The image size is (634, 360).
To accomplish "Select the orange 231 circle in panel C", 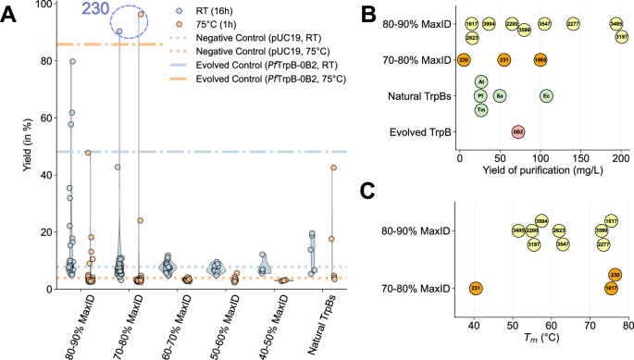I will click(476, 289).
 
